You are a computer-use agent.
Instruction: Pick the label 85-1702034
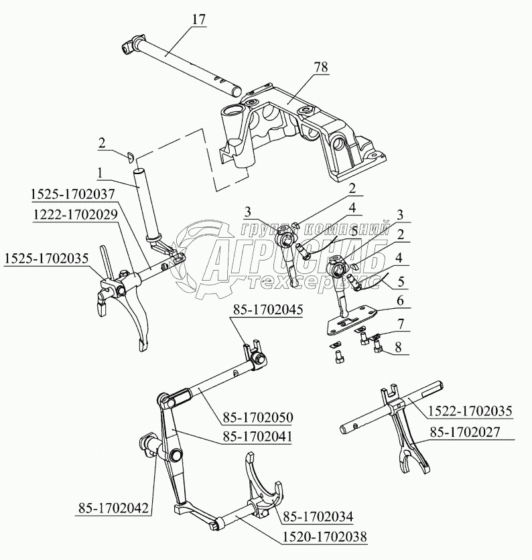point(318,516)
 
